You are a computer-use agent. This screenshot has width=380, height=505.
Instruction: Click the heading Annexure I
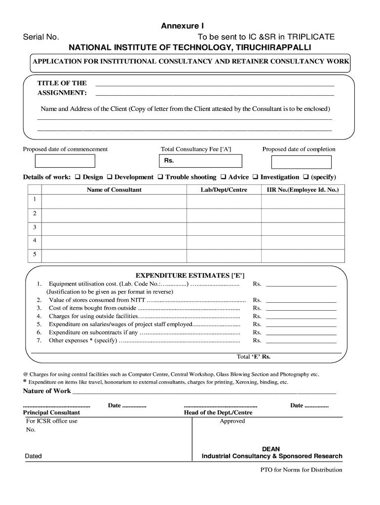click(182, 26)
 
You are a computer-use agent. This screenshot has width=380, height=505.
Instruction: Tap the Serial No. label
click(41, 37)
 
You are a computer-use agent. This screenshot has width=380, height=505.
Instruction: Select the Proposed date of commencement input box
click(65, 161)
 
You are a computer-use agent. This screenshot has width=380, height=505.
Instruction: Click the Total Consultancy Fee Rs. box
click(200, 161)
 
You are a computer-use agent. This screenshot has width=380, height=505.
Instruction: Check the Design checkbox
click(77, 177)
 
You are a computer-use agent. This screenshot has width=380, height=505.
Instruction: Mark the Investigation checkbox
click(256, 177)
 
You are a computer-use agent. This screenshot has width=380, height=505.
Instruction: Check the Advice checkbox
click(224, 177)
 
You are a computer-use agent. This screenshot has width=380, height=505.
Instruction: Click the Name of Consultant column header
click(114, 189)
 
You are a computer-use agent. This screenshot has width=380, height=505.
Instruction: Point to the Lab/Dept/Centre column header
click(224, 189)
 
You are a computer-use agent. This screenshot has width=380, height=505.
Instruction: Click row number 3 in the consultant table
click(35, 227)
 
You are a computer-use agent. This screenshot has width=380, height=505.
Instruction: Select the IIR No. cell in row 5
click(303, 255)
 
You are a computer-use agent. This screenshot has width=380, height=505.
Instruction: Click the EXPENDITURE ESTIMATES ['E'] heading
click(190, 275)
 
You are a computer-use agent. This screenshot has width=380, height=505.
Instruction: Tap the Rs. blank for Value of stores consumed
click(301, 300)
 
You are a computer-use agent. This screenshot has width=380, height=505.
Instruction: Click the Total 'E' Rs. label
click(254, 357)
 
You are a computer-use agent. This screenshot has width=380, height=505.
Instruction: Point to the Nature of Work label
click(47, 391)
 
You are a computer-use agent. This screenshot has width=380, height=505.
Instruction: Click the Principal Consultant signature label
click(51, 412)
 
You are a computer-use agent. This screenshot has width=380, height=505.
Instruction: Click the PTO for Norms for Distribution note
click(301, 469)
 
